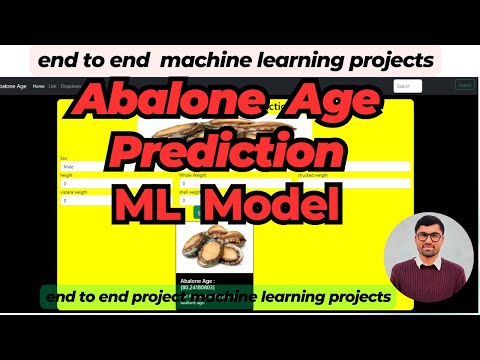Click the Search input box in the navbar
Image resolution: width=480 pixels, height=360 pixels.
[x=407, y=86]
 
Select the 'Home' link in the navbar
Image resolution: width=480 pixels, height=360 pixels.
[x=38, y=86]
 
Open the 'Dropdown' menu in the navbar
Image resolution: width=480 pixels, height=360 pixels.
[x=71, y=86]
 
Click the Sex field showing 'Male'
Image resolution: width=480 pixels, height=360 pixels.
[x=110, y=167]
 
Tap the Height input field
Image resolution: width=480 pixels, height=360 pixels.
[x=110, y=184]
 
